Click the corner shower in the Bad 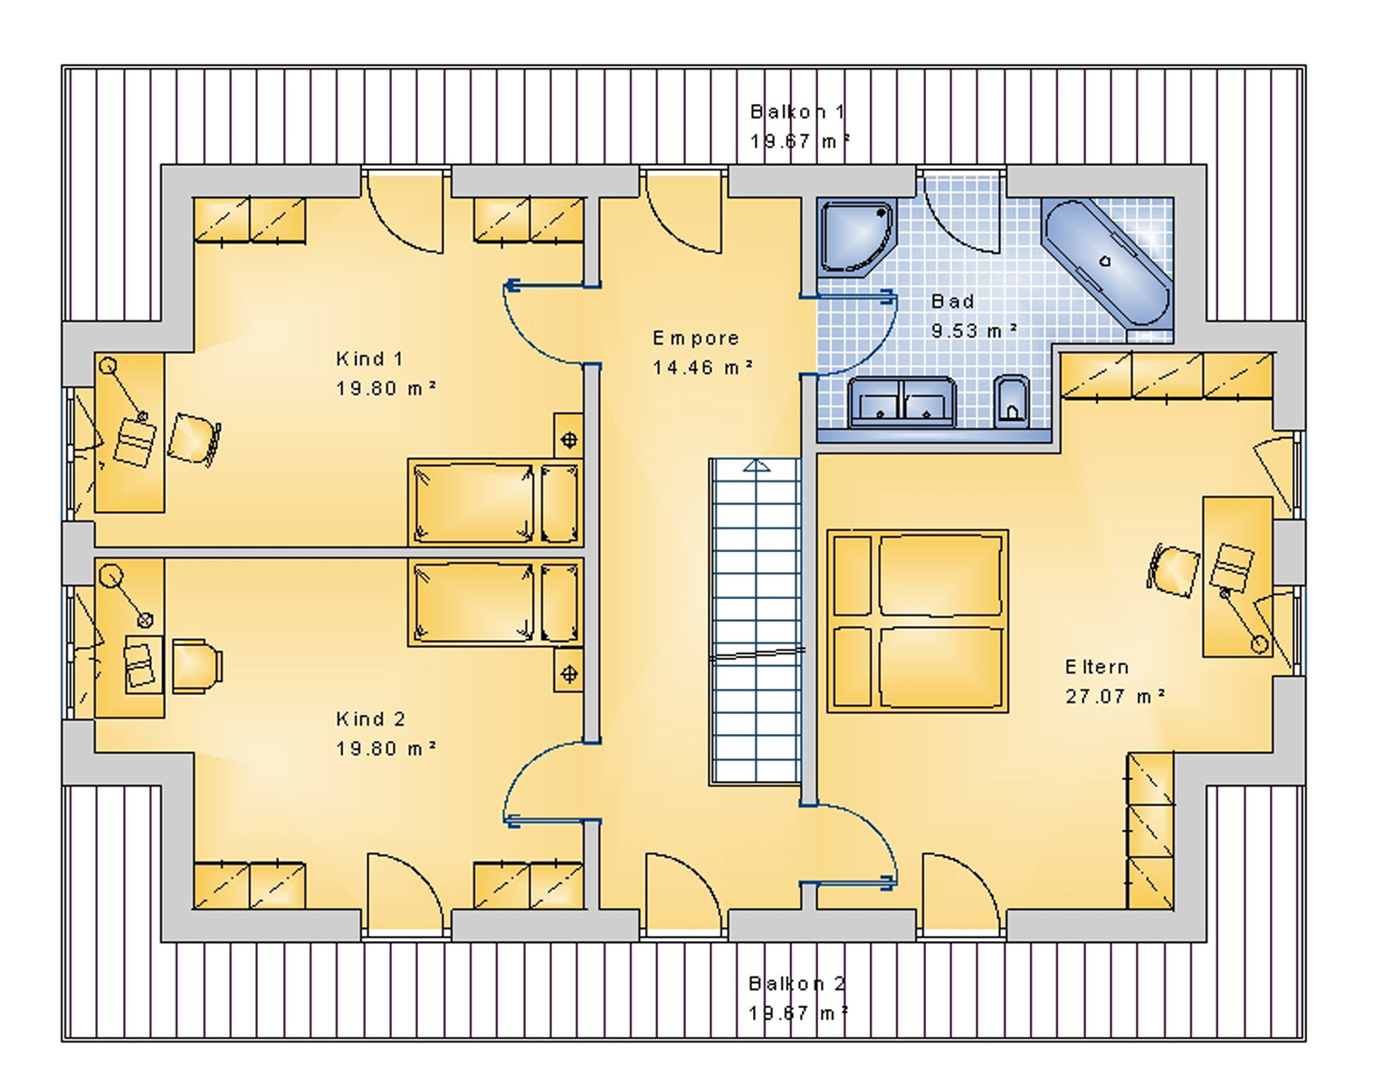[x=855, y=237]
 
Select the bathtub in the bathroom [x=1106, y=262]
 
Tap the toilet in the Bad [x=1011, y=402]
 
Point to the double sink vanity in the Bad [x=901, y=403]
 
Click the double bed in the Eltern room [x=917, y=621]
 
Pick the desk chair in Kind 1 [x=195, y=439]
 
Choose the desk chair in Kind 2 [x=196, y=666]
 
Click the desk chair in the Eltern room [x=1174, y=569]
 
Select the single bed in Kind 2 [x=495, y=603]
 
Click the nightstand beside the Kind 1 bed [x=568, y=440]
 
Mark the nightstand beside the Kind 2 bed [x=568, y=673]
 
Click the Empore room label [x=696, y=338]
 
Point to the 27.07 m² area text [x=1114, y=697]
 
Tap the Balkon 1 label [x=797, y=112]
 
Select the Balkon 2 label [x=796, y=984]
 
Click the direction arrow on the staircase [x=756, y=467]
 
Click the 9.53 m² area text [x=974, y=331]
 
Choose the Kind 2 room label [x=370, y=719]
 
